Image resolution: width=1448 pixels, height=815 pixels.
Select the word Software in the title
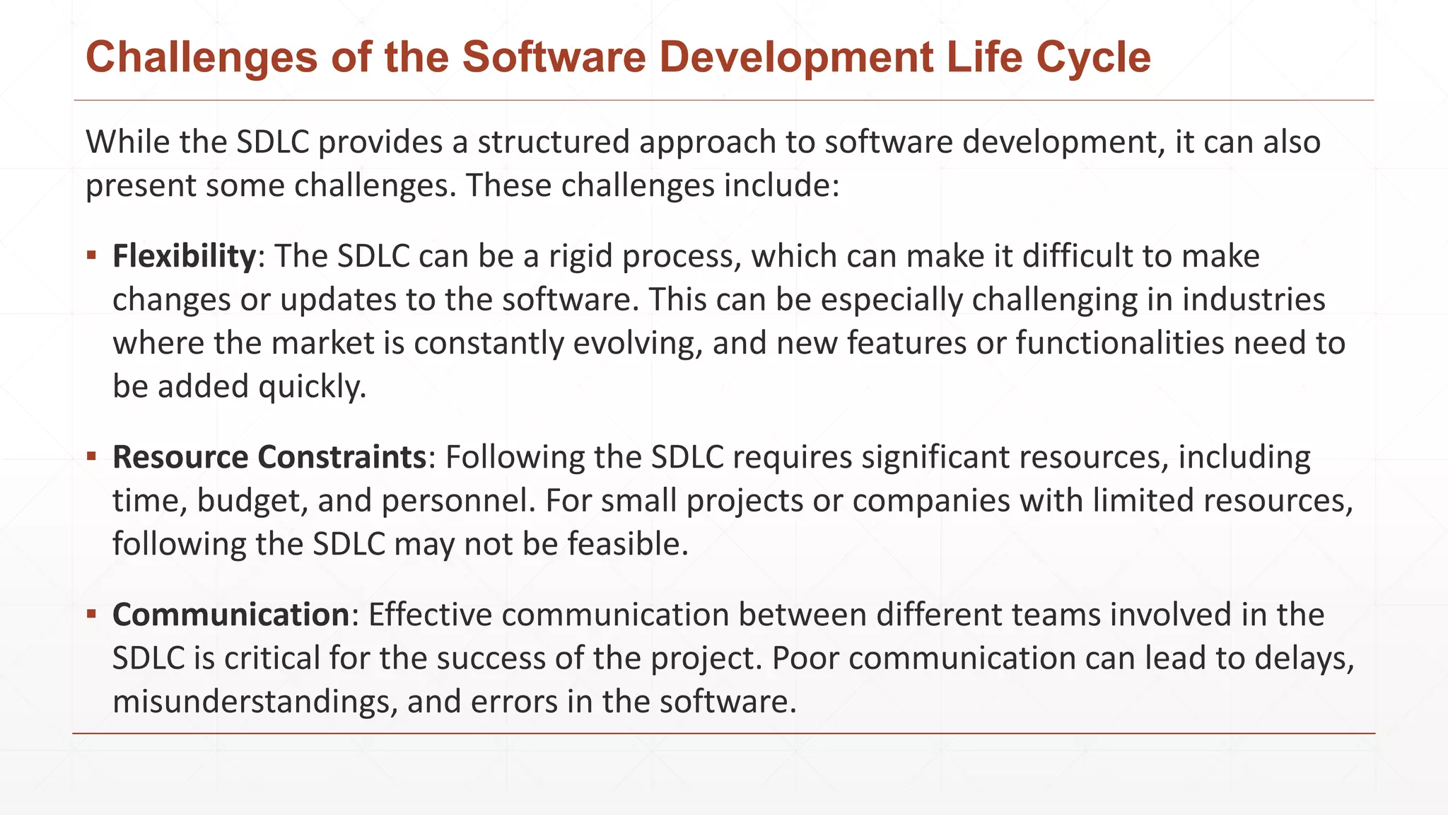pos(554,57)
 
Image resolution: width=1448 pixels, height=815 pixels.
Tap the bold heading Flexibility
pos(184,256)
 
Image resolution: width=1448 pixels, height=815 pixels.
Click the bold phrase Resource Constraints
pos(269,457)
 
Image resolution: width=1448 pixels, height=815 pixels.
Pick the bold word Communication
pos(230,615)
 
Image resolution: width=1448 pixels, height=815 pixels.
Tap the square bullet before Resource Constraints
pos(91,456)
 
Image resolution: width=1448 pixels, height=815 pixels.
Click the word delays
pos(1304,659)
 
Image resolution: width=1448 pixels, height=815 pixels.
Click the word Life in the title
pos(984,57)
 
